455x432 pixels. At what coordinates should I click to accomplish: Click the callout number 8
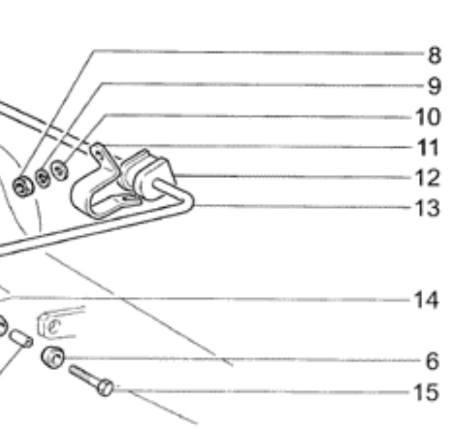point(434,55)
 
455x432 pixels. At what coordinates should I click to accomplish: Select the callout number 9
point(434,85)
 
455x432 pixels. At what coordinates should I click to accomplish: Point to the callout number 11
point(428,147)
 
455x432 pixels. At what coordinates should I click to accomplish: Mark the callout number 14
point(427,300)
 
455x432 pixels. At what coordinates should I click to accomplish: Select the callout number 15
point(427,392)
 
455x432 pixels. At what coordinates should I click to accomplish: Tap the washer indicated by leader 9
point(43,178)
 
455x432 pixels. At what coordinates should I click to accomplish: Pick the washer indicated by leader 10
point(61,170)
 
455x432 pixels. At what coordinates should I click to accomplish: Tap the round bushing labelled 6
point(53,357)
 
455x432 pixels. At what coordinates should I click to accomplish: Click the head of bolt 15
point(106,387)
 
